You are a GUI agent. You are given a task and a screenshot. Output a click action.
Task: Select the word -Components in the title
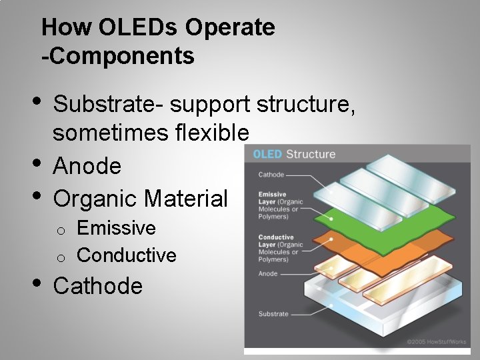[118, 56]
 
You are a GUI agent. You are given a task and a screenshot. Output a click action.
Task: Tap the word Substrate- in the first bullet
[108, 105]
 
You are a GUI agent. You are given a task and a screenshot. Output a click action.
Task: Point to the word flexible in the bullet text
[213, 133]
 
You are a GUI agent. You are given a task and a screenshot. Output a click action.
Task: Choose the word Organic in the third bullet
[95, 198]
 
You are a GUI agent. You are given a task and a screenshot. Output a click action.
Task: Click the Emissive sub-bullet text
[116, 228]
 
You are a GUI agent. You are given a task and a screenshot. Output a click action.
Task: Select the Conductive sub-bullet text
[127, 255]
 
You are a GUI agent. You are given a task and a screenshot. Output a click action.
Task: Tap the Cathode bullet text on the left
[97, 286]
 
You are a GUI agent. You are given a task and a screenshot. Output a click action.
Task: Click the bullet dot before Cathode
[38, 283]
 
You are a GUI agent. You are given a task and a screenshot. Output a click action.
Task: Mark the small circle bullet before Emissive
[60, 231]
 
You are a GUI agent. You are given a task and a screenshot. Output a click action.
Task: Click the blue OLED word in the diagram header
[267, 154]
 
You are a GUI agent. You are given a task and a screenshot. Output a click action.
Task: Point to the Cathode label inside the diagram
[271, 175]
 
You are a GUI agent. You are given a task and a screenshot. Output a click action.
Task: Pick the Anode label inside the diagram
[268, 274]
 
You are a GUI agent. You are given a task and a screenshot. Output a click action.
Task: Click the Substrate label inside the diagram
[273, 313]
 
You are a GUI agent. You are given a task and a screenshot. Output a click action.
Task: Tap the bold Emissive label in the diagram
[273, 195]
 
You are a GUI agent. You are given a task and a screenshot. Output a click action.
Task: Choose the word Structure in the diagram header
[311, 154]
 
